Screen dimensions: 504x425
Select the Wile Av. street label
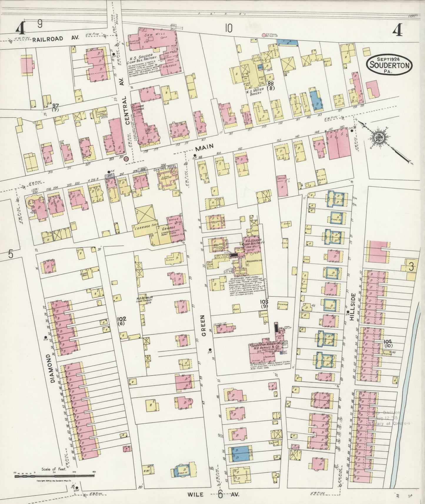pyautogui.click(x=213, y=494)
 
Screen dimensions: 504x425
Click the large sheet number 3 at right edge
pyautogui.click(x=411, y=266)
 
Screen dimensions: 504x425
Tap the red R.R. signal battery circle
pyautogui.click(x=263, y=35)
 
